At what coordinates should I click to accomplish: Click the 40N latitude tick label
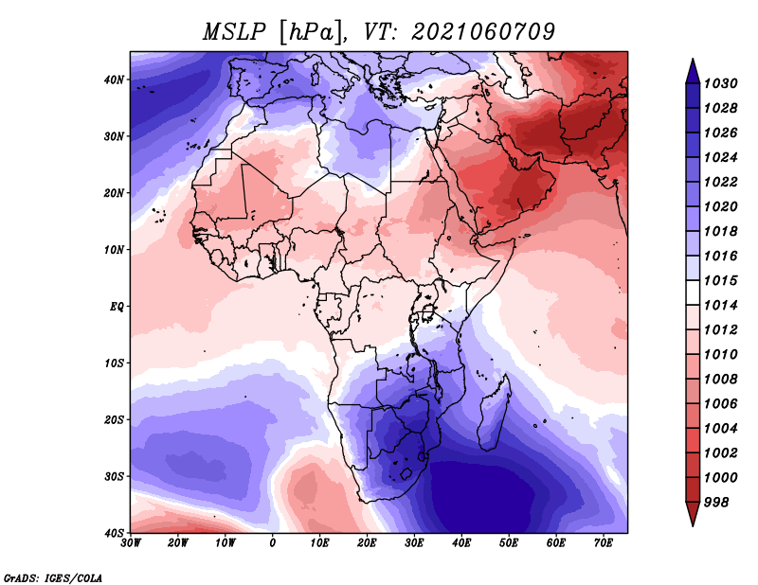coord(114,80)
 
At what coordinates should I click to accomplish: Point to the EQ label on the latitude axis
coord(117,307)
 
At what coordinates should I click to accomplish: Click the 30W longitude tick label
coord(131,543)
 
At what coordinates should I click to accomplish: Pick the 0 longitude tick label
coord(273,543)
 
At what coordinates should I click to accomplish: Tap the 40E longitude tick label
coord(461,543)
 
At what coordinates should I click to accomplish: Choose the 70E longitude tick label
coord(604,543)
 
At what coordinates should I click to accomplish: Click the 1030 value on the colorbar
coord(720,83)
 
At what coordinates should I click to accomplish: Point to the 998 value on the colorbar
coord(715,503)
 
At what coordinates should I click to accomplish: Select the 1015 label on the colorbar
coord(720,280)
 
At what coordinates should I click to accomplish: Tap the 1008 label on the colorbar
coord(720,380)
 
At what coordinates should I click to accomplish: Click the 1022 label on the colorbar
coord(720,182)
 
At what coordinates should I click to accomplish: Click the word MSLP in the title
coord(234,32)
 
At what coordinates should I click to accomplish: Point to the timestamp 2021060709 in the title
coord(483,32)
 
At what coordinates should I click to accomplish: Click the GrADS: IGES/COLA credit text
coord(53,578)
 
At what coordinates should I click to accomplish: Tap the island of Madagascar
coord(493,415)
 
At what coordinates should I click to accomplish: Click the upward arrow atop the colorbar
coord(693,71)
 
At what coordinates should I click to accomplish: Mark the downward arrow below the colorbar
coord(693,514)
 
